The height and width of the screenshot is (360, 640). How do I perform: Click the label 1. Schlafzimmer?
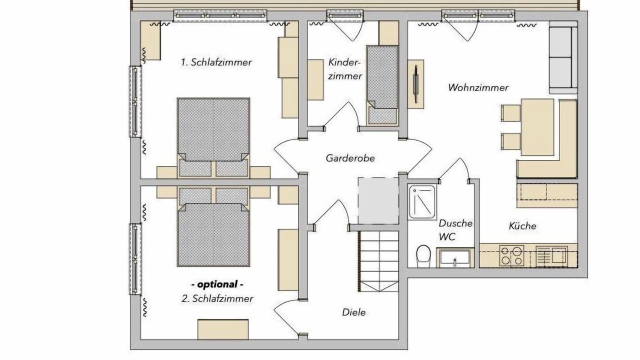tap(216, 62)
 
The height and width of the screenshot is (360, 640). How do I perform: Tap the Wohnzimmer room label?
tap(478, 87)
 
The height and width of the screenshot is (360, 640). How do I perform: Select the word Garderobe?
tap(350, 158)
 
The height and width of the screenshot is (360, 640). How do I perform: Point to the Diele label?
tap(354, 312)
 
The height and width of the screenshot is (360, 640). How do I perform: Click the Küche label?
tap(522, 226)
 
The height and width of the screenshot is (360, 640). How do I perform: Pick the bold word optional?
tap(217, 284)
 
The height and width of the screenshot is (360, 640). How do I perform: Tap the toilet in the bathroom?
tap(423, 256)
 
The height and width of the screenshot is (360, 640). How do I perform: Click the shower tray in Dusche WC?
tap(422, 202)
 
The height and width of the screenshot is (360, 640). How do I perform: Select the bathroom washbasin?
tap(455, 258)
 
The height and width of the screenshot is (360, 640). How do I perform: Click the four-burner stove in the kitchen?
tap(511, 256)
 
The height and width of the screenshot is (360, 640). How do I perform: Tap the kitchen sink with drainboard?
tap(551, 256)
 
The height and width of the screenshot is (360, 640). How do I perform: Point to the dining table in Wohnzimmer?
tap(537, 127)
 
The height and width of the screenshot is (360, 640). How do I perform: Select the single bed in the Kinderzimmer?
tap(382, 85)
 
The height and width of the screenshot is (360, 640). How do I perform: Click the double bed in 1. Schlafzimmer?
tap(213, 137)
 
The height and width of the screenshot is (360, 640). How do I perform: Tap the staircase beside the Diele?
tap(378, 261)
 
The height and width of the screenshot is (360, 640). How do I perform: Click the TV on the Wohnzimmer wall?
tap(415, 84)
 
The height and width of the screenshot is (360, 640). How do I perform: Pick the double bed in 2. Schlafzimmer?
tap(213, 227)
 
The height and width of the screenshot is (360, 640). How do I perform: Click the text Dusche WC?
tap(455, 230)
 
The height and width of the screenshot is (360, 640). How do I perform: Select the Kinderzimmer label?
tap(345, 69)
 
